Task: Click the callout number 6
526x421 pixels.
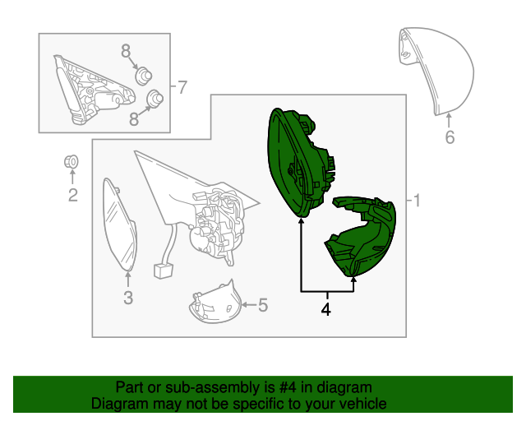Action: pyautogui.click(x=450, y=137)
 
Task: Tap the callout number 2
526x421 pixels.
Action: pyautogui.click(x=73, y=195)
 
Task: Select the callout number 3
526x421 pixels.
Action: pyautogui.click(x=128, y=298)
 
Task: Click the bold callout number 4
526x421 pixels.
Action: pyautogui.click(x=325, y=309)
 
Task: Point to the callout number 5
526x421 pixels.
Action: pyautogui.click(x=263, y=305)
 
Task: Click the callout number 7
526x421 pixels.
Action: pyautogui.click(x=182, y=87)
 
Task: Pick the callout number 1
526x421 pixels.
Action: pyautogui.click(x=417, y=201)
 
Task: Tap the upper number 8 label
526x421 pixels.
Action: pyautogui.click(x=126, y=51)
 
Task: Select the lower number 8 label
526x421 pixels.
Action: pyautogui.click(x=134, y=119)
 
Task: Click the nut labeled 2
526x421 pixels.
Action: pyautogui.click(x=72, y=162)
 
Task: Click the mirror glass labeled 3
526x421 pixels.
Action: pyautogui.click(x=119, y=224)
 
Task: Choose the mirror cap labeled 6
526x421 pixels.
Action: pyautogui.click(x=436, y=71)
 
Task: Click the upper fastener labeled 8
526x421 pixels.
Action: pyautogui.click(x=143, y=76)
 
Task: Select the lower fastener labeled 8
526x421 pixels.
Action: pyautogui.click(x=155, y=99)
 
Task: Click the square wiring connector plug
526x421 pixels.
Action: pyautogui.click(x=163, y=271)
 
